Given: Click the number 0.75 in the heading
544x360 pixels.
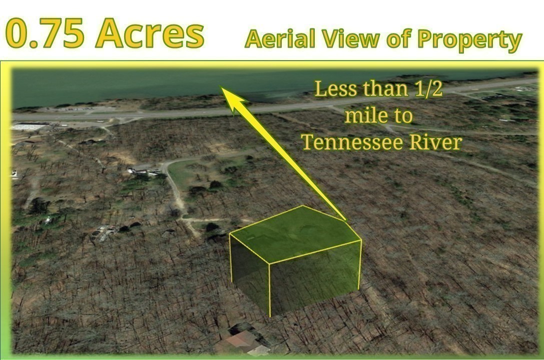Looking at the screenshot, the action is point(45,34).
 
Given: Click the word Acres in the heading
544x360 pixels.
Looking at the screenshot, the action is point(150,34).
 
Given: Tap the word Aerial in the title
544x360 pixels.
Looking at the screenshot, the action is point(280,39).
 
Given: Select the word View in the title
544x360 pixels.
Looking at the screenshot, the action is point(350,39).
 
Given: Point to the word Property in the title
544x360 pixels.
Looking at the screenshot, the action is point(470,40).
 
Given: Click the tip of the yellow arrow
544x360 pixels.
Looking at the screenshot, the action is point(221,87).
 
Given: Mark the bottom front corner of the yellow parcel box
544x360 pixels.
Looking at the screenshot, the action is point(270,316).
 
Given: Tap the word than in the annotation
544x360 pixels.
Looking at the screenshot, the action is point(383,89).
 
